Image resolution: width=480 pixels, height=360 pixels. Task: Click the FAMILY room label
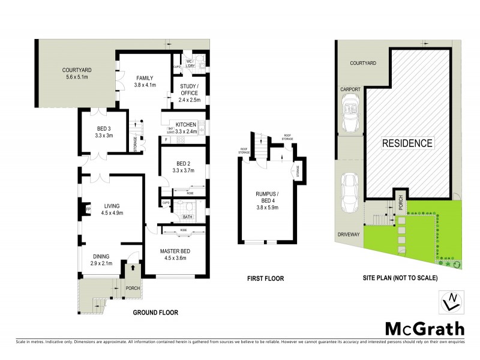(145, 78)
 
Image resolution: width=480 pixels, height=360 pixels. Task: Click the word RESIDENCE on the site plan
(407, 143)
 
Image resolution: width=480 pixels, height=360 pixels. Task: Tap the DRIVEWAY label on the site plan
(349, 235)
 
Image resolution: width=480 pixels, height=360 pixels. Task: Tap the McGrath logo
(424, 329)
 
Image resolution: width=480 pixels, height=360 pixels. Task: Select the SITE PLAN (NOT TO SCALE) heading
(400, 278)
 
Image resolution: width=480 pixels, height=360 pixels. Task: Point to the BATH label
(187, 217)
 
